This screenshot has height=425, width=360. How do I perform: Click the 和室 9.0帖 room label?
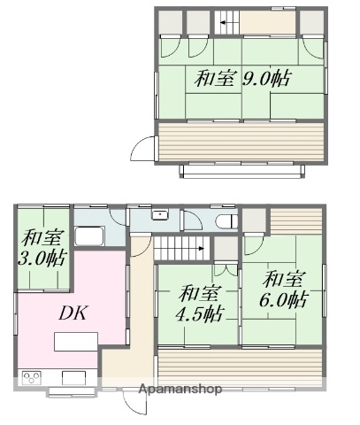[x=241, y=78]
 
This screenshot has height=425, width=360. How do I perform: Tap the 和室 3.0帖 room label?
[x=42, y=247]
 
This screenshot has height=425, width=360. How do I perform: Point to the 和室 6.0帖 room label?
[x=283, y=289]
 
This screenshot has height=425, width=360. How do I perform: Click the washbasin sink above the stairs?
[x=160, y=215]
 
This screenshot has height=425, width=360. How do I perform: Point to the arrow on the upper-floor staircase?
[x=226, y=20]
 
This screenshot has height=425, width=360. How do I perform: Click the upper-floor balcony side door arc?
[x=142, y=150]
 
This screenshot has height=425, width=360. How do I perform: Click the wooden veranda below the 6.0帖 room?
[x=239, y=364]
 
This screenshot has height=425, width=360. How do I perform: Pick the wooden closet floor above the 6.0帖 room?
[x=295, y=220]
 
